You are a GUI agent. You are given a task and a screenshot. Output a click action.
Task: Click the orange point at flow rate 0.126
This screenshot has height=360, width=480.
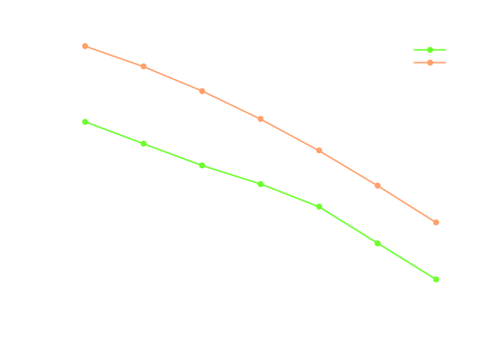click(x=85, y=46)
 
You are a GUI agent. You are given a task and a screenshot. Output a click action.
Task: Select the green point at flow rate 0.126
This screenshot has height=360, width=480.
click(x=85, y=121)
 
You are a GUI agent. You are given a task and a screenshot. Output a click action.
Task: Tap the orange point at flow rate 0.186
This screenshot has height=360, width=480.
click(x=436, y=222)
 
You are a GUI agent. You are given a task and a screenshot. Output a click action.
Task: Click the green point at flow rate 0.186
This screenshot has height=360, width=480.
click(x=436, y=279)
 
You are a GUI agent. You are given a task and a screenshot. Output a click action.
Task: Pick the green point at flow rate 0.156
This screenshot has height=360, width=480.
click(x=260, y=184)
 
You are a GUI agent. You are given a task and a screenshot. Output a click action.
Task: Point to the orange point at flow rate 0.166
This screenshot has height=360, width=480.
click(x=319, y=150)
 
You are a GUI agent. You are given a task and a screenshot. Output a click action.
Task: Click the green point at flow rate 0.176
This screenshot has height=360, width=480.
click(x=377, y=243)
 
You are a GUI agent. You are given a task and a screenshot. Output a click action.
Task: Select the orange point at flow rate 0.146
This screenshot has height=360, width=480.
click(x=202, y=91)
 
